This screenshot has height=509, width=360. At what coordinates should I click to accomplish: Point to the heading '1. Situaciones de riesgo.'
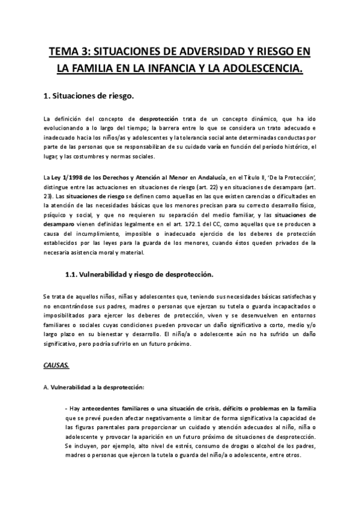pyautogui.click(x=89, y=95)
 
